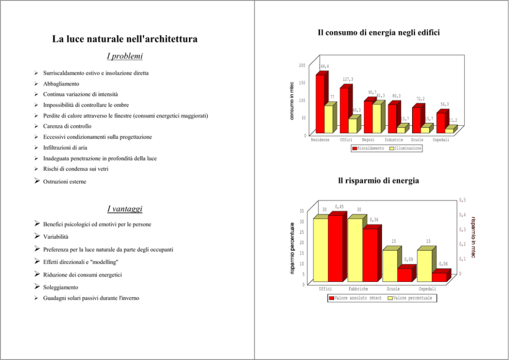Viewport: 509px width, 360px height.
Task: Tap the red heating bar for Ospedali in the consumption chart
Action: point(441,123)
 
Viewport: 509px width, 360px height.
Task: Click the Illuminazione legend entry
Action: point(406,148)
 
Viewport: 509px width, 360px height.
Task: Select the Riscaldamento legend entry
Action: point(367,148)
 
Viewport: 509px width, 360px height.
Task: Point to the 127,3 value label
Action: point(348,79)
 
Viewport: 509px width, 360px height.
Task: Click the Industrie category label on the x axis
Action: point(394,140)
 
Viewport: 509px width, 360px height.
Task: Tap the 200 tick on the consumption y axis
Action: point(302,65)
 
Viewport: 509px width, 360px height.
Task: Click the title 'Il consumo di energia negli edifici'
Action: point(379,33)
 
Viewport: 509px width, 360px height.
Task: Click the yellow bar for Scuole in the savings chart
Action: point(389,266)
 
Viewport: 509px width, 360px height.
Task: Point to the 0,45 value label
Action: point(339,206)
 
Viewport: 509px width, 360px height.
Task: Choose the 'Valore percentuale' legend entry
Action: point(409,298)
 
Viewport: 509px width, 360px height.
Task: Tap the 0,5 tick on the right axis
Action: point(462,200)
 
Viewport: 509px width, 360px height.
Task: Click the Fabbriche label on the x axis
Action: point(358,289)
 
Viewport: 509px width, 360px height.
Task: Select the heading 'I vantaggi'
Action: point(125,209)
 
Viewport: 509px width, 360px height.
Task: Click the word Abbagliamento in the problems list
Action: point(61,83)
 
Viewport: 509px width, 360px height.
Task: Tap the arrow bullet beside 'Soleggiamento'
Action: point(37,287)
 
